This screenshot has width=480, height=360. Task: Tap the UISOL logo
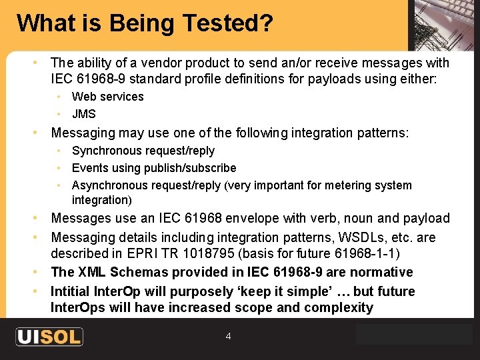[x=49, y=337]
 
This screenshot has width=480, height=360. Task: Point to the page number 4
[x=228, y=337]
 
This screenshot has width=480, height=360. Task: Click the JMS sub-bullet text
[x=84, y=114]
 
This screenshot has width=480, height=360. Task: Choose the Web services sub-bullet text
[x=107, y=97]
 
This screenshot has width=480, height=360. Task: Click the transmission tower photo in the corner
[x=443, y=25]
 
